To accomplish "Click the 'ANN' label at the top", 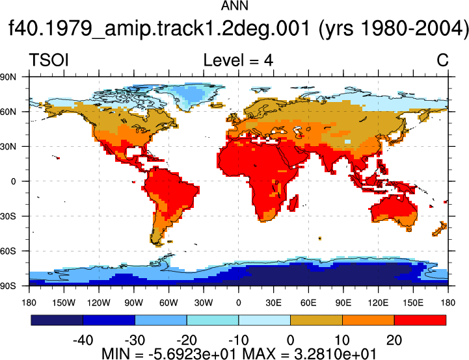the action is tap(234, 6).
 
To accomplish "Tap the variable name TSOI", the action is tap(49, 60).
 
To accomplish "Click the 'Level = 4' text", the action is tap(238, 60).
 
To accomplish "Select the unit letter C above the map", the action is tap(442, 60).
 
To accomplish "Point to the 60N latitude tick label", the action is tap(8, 112).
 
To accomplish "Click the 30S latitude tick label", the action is tap(8, 216).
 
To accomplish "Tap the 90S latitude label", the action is tap(8, 286).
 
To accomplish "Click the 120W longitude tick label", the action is tap(99, 303).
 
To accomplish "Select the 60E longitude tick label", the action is tap(308, 303).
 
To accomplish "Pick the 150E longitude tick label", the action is tap(413, 303).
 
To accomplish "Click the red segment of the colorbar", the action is tap(420, 320).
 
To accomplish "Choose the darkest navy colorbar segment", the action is tap(57, 320).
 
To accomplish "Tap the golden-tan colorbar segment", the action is tap(316, 320).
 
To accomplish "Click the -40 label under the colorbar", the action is tap(83, 340).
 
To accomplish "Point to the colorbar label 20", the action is tap(394, 340).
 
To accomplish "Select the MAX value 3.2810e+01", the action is tap(335, 354).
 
